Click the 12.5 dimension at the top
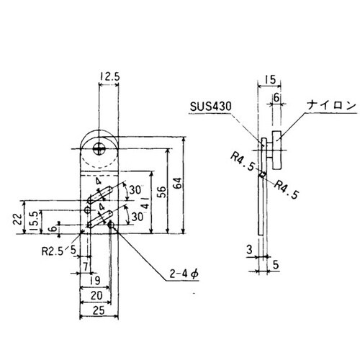109,77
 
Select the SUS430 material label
211,107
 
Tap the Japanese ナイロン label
332,106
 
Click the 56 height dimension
162,192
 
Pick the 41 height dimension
146,203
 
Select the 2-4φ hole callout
184,274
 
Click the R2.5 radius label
53,251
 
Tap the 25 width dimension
99,310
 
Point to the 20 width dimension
96,295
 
